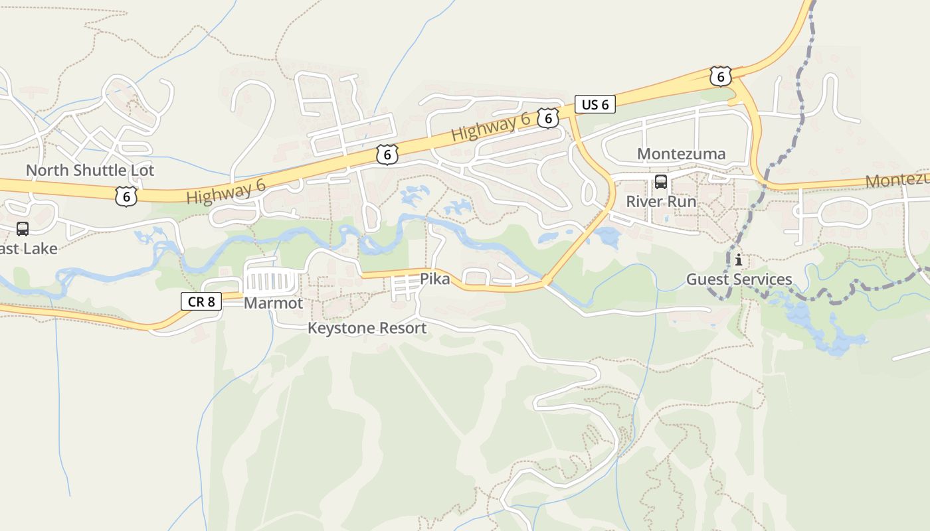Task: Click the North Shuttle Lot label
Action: coord(90,171)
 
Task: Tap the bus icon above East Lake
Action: coord(23,229)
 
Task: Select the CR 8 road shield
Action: coord(201,302)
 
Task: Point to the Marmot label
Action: coord(273,303)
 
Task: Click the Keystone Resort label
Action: coord(367,328)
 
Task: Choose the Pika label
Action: coord(434,279)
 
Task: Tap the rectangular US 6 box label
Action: coord(595,104)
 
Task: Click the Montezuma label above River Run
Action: coord(681,154)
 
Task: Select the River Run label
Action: coord(661,201)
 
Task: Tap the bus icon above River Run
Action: coord(660,181)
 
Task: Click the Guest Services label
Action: coord(739,279)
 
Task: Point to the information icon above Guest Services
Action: coord(738,260)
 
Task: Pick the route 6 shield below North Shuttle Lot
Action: coord(126,196)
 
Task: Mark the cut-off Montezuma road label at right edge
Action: coord(897,181)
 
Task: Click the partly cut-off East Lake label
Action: coord(29,249)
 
